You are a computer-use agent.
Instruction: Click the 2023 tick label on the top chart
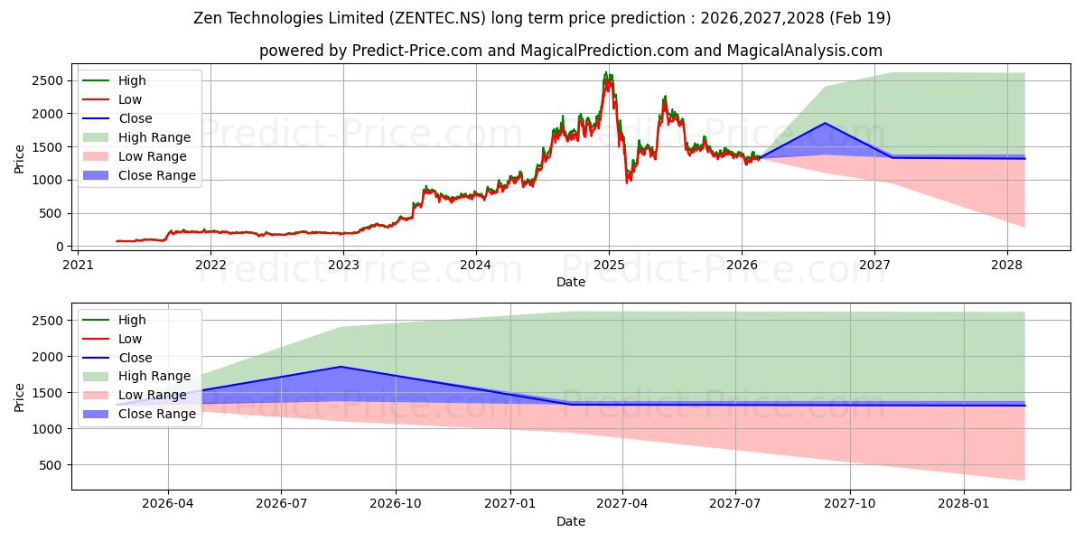[343, 266]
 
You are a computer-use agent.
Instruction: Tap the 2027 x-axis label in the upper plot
[874, 266]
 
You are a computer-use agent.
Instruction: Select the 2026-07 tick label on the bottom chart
[281, 504]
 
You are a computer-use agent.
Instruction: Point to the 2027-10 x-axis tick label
[850, 504]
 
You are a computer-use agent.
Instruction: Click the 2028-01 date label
[964, 504]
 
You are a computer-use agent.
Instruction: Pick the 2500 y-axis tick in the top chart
[47, 80]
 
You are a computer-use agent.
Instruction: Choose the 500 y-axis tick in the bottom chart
[51, 465]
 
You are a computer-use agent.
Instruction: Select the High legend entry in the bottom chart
[114, 320]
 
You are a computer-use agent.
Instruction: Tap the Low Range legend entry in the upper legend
[135, 156]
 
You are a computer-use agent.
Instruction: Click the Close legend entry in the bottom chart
[117, 358]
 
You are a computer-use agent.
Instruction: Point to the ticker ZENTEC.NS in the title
[440, 18]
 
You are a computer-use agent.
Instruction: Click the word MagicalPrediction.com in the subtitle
[604, 51]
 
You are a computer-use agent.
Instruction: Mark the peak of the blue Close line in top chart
[825, 123]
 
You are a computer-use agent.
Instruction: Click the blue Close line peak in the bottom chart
[341, 367]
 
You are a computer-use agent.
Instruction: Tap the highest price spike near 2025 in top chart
[606, 72]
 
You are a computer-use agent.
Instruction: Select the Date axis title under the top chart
[571, 282]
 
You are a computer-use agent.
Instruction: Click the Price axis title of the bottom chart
[19, 397]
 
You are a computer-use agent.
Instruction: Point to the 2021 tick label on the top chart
[78, 266]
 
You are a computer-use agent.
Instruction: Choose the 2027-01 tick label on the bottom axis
[510, 504]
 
